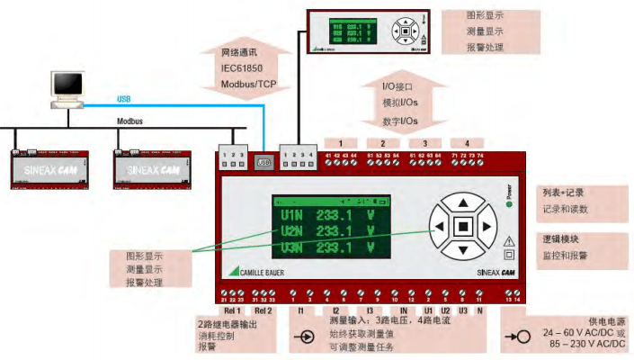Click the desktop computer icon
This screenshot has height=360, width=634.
68,87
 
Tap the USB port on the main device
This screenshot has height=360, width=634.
264,164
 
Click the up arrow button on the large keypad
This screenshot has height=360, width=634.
463,202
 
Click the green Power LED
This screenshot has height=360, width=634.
509,204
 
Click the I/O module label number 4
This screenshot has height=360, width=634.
466,143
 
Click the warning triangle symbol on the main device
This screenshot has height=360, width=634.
510,240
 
